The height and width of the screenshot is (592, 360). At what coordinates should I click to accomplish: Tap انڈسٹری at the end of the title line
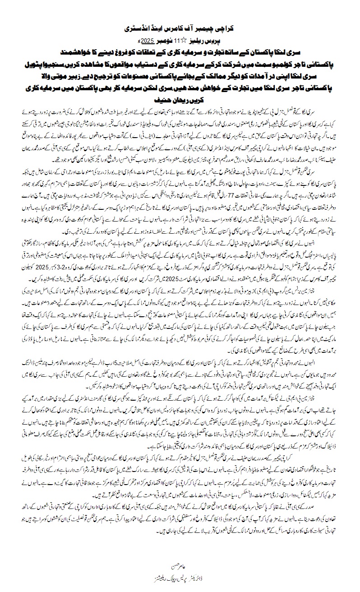(x=138, y=28)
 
